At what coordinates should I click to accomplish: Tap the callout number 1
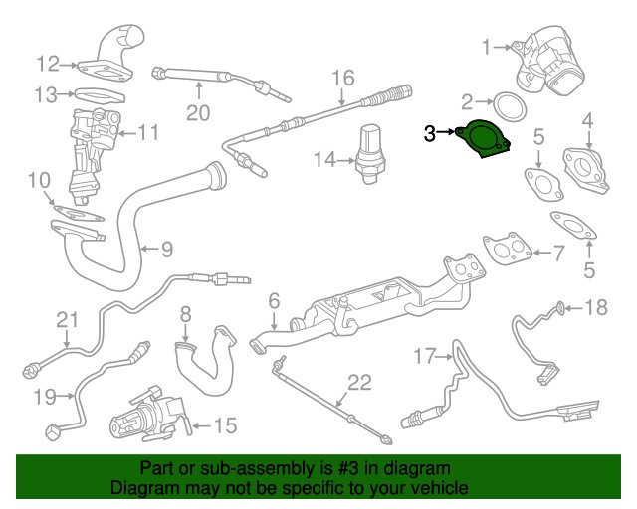(487, 46)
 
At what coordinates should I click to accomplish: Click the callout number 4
(587, 121)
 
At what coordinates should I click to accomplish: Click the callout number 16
(342, 78)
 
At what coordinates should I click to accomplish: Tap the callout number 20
(199, 112)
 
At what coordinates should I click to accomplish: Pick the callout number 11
(148, 131)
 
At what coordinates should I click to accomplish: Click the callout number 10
(39, 180)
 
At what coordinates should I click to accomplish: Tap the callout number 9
(167, 248)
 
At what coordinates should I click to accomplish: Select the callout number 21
(66, 319)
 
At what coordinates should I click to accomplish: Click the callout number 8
(184, 316)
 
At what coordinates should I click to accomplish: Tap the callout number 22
(357, 382)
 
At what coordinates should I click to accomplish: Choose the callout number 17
(425, 355)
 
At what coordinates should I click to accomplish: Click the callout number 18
(594, 308)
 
